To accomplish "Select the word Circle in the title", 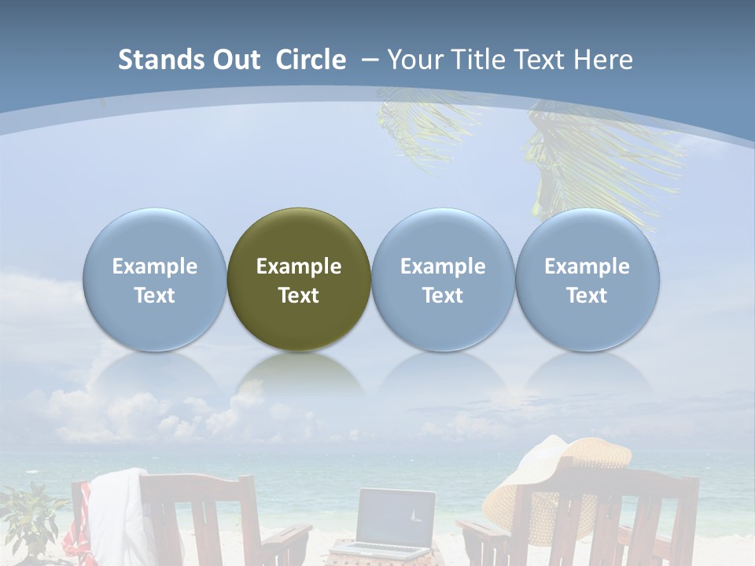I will click(311, 60).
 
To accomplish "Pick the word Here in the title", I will click(604, 60).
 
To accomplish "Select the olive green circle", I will click(299, 236).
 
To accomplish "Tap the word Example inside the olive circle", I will click(299, 266).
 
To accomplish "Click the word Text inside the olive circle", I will click(299, 296).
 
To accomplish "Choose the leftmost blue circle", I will click(155, 236).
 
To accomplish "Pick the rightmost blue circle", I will click(587, 236).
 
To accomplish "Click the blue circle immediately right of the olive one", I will click(443, 236).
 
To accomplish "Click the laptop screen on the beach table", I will click(396, 516).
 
